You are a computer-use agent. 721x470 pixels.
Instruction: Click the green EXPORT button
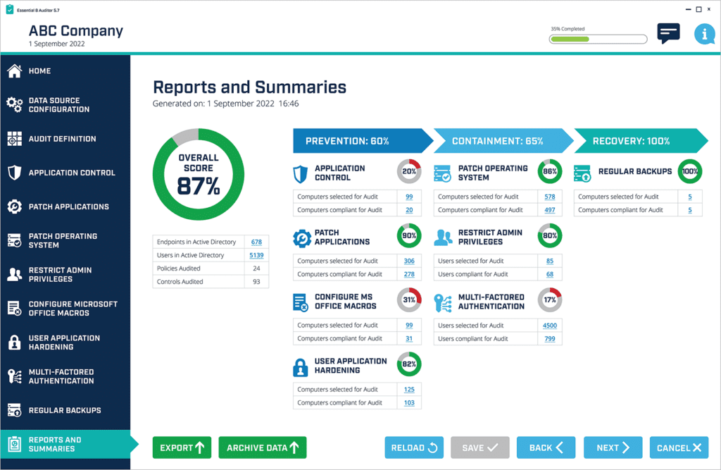pos(182,447)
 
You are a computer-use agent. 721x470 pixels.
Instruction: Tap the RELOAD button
pos(414,447)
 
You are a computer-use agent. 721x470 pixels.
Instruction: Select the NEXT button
pos(613,447)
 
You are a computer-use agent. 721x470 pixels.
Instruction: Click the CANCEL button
pos(679,447)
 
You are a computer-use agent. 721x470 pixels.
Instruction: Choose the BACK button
pos(546,447)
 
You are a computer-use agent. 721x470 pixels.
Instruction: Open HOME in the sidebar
pos(39,71)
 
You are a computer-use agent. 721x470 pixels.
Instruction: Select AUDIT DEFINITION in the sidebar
pos(62,139)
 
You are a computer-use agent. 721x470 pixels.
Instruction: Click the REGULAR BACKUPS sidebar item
pos(65,410)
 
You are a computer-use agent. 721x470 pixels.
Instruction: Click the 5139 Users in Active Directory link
pos(256,255)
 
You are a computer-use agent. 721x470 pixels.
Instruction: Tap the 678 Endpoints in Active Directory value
pos(256,242)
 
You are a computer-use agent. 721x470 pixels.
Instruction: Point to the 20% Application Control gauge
pos(409,172)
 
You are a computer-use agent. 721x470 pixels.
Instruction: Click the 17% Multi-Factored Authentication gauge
pos(550,300)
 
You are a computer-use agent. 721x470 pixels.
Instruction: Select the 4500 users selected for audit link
pos(550,326)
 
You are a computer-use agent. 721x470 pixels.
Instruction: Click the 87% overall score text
pos(199,186)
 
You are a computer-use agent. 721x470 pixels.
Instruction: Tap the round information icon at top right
pos(704,34)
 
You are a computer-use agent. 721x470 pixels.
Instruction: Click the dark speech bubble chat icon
pos(668,32)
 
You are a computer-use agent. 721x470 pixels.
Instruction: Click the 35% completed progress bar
pos(598,39)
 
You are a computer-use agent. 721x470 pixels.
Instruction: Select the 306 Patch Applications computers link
pos(409,261)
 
